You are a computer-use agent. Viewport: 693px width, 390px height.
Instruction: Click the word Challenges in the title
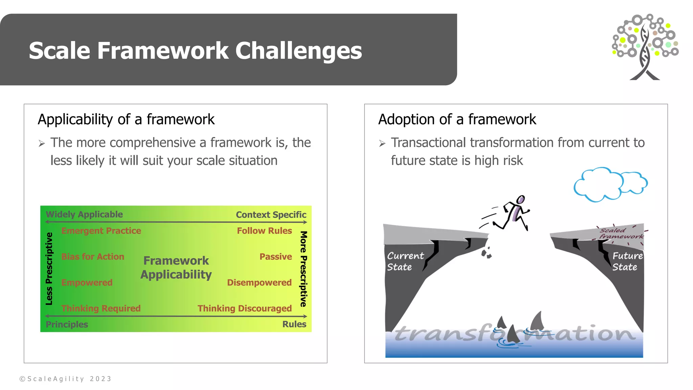tap(298, 51)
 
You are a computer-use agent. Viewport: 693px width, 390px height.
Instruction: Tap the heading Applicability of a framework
tap(126, 120)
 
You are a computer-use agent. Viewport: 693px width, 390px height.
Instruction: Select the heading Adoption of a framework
tap(457, 120)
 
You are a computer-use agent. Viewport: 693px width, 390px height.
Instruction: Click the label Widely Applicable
tap(84, 214)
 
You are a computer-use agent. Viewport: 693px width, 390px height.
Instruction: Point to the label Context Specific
tap(271, 215)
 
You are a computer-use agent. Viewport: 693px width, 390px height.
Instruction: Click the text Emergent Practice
tap(101, 231)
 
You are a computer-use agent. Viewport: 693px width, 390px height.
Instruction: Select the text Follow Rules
tap(264, 231)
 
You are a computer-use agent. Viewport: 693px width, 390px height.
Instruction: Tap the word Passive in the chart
tap(275, 257)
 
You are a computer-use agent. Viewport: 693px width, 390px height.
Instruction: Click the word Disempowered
tap(259, 282)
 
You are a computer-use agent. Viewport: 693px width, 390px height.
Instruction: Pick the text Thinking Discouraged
tap(244, 308)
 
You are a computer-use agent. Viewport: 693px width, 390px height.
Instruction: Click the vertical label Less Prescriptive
tap(49, 268)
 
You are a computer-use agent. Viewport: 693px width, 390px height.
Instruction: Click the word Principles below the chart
tap(67, 324)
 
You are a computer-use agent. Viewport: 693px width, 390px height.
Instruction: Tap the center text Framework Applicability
tap(176, 267)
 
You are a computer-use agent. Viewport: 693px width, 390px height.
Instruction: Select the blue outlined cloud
tap(609, 185)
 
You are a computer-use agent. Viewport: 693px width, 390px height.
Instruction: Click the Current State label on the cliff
tap(405, 261)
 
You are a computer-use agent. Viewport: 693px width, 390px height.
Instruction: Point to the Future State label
tap(627, 261)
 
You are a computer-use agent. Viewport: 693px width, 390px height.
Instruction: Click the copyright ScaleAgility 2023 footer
tap(65, 379)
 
